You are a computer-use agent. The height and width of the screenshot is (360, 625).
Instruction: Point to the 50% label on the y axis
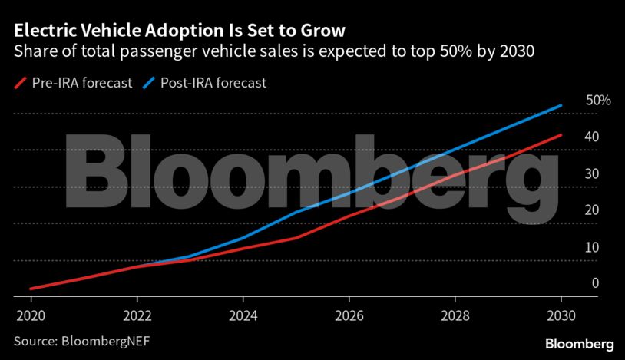(597, 101)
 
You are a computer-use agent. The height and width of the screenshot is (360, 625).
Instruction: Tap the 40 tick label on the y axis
(592, 137)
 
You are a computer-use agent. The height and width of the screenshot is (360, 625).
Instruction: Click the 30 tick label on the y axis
(592, 173)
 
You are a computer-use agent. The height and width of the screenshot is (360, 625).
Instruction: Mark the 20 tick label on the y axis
(592, 210)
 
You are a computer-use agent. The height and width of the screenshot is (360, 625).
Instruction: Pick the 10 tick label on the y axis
(592, 247)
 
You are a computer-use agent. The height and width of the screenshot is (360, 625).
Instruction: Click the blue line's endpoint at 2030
(561, 105)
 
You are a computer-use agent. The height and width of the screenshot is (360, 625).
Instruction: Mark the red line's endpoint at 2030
(561, 135)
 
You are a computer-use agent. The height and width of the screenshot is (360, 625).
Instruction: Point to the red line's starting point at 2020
(31, 289)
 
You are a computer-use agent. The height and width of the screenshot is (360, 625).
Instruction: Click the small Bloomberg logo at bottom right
(579, 342)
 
